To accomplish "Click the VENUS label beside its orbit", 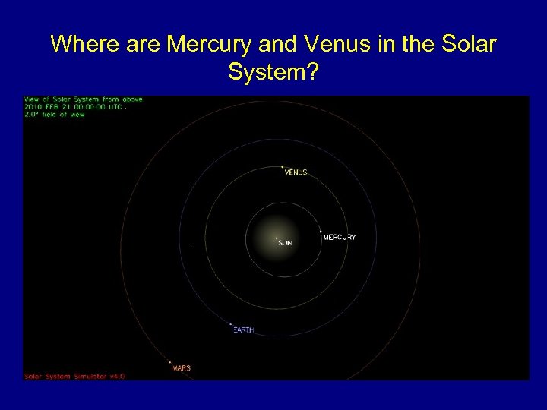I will pyautogui.click(x=296, y=172).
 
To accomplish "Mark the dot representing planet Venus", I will pyautogui.click(x=283, y=166).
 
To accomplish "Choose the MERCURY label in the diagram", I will pyautogui.click(x=340, y=238).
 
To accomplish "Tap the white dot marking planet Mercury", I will pyautogui.click(x=321, y=232).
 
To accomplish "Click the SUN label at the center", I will pyautogui.click(x=285, y=243).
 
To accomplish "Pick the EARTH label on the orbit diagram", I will pyautogui.click(x=244, y=330).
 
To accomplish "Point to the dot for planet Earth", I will pyautogui.click(x=231, y=325).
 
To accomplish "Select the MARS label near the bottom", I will pyautogui.click(x=182, y=368).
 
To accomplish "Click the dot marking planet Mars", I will pyautogui.click(x=170, y=363).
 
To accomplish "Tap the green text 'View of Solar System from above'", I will pyautogui.click(x=84, y=99).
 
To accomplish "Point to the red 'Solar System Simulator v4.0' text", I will pyautogui.click(x=74, y=376).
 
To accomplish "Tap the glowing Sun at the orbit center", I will pyautogui.click(x=276, y=238).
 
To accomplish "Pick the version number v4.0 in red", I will pyautogui.click(x=117, y=376).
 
